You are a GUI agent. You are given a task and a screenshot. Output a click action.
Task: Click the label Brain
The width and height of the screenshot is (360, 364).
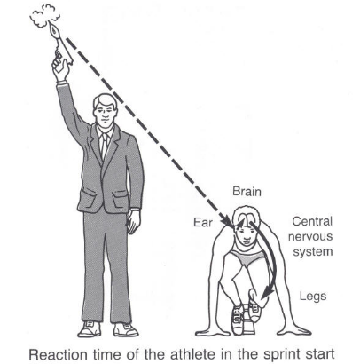(247, 192)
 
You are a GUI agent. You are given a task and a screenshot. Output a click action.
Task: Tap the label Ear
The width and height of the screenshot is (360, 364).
(203, 222)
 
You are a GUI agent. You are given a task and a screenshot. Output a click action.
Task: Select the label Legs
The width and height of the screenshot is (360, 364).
(313, 297)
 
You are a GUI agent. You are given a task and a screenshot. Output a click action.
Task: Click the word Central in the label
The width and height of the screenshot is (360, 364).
(312, 221)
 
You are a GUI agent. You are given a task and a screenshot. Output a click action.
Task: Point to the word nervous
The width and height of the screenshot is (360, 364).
(310, 236)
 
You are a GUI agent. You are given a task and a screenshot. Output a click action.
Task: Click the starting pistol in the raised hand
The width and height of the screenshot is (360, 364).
(61, 44)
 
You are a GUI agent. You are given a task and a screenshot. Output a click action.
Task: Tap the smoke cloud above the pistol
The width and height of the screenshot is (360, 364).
(44, 16)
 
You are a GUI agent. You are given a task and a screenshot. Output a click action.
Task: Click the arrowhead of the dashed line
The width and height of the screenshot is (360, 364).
(227, 221)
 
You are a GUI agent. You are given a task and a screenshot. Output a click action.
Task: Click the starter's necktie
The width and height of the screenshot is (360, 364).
(104, 146)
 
